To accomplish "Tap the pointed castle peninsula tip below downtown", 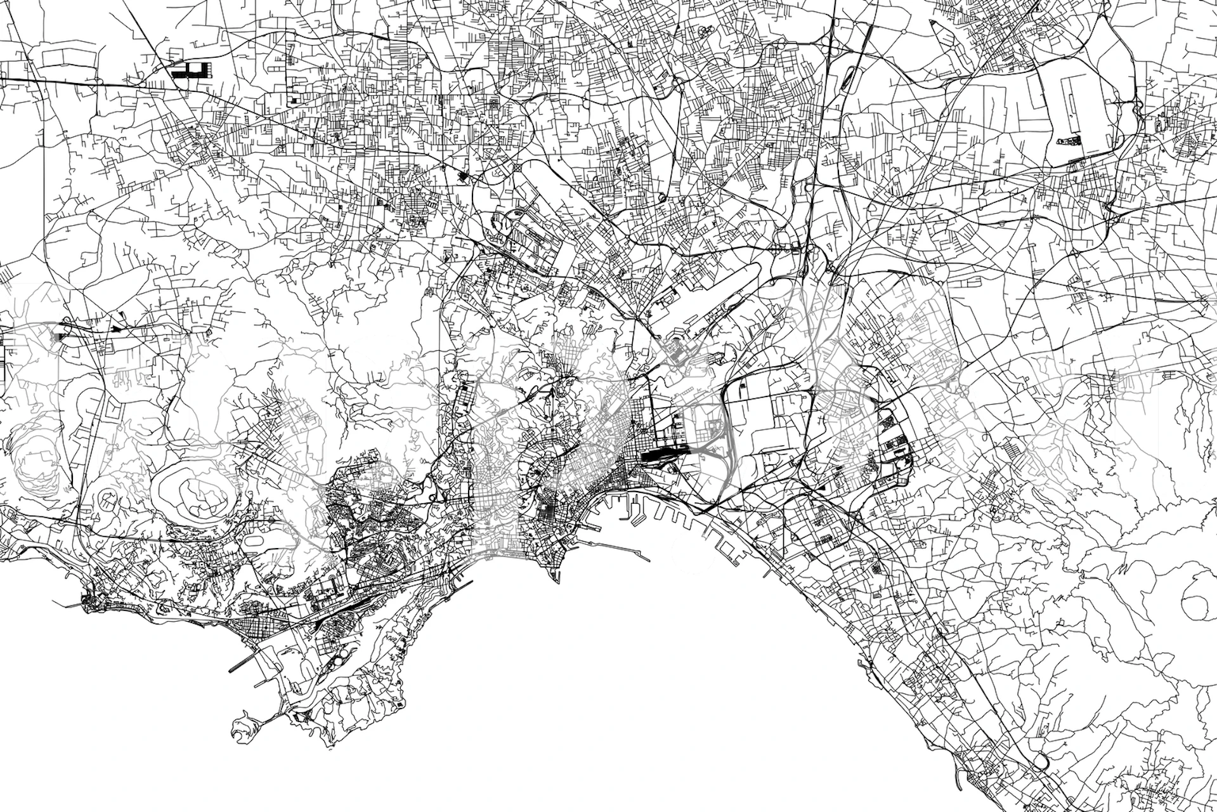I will point(557,579).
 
